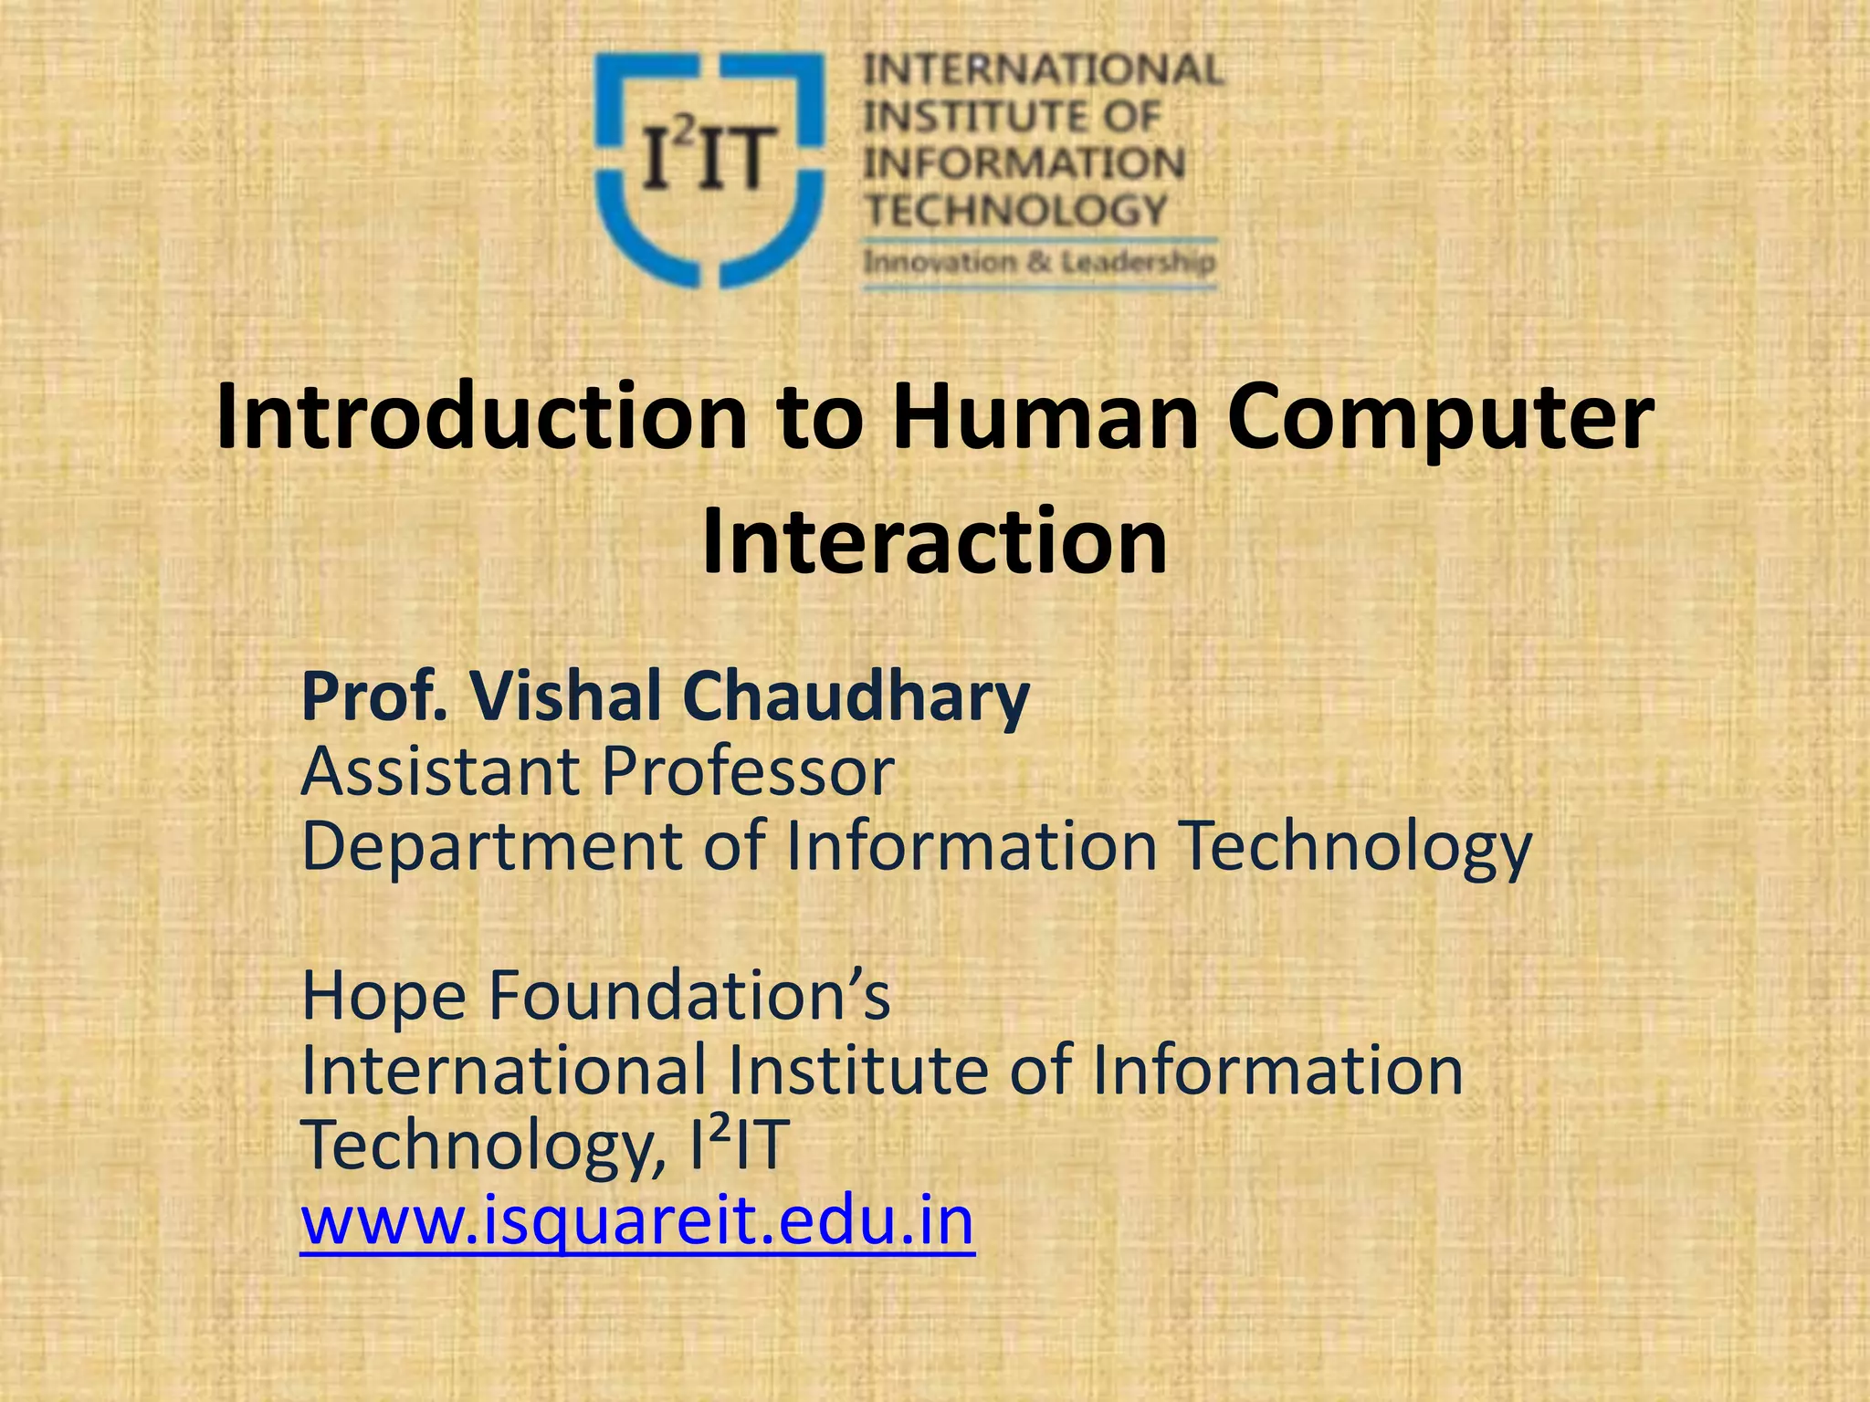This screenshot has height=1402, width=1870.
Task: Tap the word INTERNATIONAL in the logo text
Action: (1044, 70)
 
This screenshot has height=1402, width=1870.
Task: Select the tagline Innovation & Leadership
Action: (1039, 263)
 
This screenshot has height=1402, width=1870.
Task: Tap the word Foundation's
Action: (689, 996)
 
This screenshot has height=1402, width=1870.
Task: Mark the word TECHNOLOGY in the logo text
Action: (1016, 211)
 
